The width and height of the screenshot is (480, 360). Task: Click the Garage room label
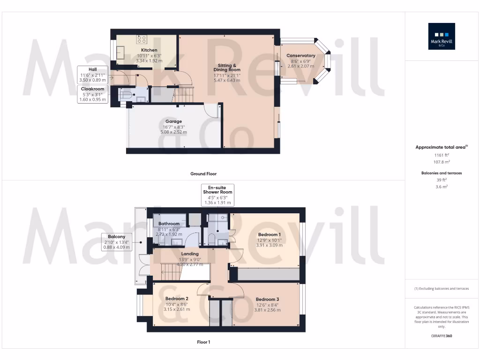pyautogui.click(x=173, y=121)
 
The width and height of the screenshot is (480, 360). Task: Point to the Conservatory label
pyautogui.click(x=300, y=56)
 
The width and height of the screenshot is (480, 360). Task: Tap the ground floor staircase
pyautogui.click(x=184, y=94)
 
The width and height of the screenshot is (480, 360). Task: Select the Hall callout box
pyautogui.click(x=93, y=75)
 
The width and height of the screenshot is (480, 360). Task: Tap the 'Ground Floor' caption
pyautogui.click(x=203, y=174)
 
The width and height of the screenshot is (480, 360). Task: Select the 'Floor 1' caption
pyautogui.click(x=203, y=342)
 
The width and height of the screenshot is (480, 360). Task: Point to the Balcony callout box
pyautogui.click(x=117, y=242)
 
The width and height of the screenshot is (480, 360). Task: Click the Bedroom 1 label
pyautogui.click(x=269, y=235)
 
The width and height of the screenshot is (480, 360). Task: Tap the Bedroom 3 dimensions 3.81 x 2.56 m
pyautogui.click(x=267, y=310)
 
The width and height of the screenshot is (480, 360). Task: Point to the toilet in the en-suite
pyautogui.click(x=211, y=240)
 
